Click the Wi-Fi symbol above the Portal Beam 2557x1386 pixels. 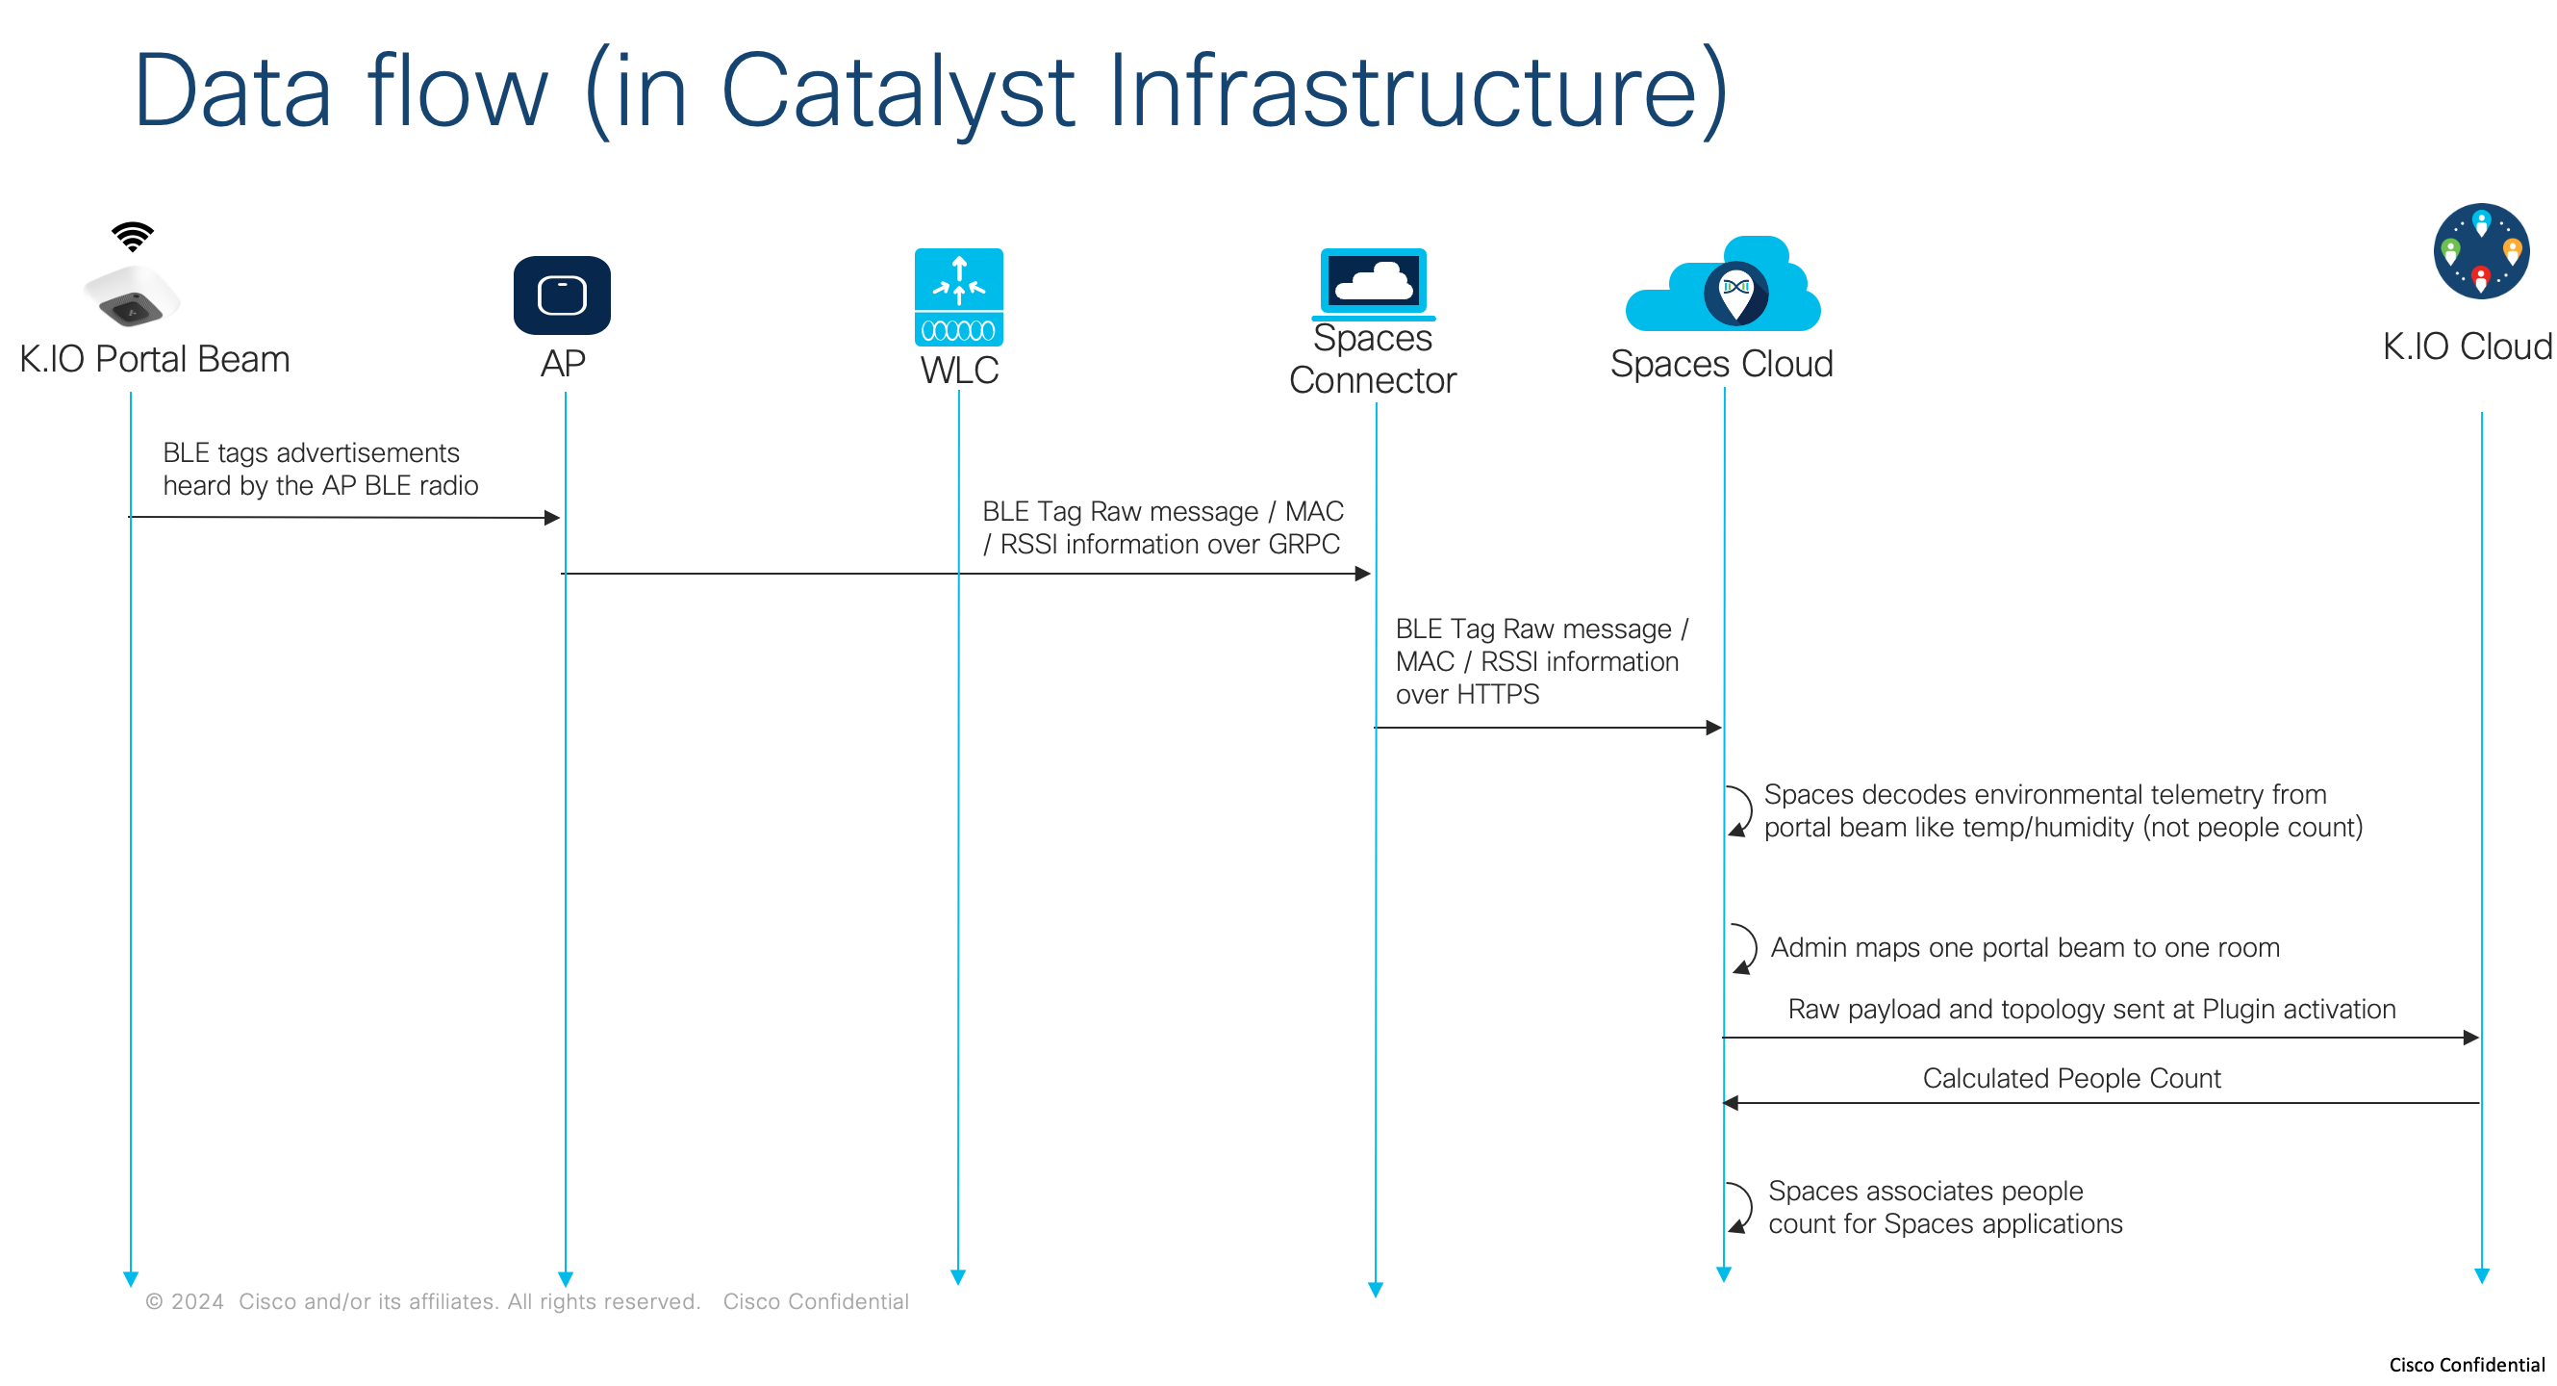pos(132,237)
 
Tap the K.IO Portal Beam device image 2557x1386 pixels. pos(132,295)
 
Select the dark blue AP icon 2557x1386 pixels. pos(562,295)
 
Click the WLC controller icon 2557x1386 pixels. pos(958,296)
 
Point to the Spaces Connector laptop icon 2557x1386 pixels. pos(1373,283)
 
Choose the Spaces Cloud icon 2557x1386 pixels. pos(1725,288)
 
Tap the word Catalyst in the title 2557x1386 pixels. pos(897,91)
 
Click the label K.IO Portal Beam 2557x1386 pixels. pos(155,359)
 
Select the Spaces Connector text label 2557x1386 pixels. pos(1372,359)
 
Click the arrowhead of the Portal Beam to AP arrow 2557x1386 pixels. pos(553,517)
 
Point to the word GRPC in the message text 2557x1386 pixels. pos(1304,544)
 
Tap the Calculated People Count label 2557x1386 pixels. pos(2070,1078)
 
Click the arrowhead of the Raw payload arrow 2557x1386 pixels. pos(2470,1038)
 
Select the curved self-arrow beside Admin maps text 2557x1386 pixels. pos(1744,948)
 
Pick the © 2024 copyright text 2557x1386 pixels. pos(185,1301)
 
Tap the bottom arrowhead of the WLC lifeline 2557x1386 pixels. pos(958,1277)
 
